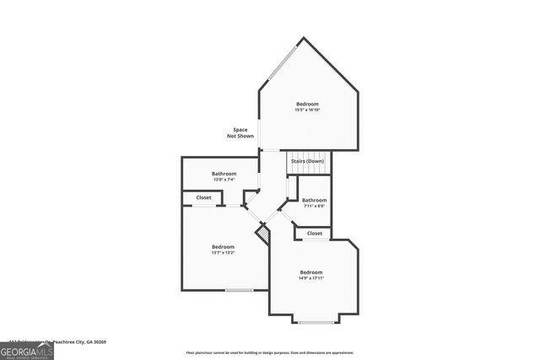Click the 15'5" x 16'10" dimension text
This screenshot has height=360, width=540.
coord(307,110)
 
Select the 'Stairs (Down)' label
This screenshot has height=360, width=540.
coord(307,160)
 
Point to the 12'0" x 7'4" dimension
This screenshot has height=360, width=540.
coord(223,180)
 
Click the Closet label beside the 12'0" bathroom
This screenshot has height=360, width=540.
coord(203,197)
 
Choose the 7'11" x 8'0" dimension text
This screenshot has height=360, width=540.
coord(313,206)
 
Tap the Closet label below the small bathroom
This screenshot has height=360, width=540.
coord(314,233)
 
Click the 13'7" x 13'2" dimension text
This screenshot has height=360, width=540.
coord(223,252)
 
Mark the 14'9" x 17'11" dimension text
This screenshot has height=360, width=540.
coord(310,278)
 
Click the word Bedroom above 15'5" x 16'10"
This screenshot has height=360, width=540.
coord(307,104)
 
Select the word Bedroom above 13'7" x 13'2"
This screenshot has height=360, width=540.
coord(223,246)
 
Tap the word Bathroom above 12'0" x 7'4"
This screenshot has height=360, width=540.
coord(223,174)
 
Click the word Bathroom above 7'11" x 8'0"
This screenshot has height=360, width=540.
coord(314,200)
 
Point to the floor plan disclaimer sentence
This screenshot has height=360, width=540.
coord(269,352)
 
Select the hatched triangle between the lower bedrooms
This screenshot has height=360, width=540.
coord(262,231)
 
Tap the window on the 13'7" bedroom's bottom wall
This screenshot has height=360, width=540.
coord(239,291)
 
